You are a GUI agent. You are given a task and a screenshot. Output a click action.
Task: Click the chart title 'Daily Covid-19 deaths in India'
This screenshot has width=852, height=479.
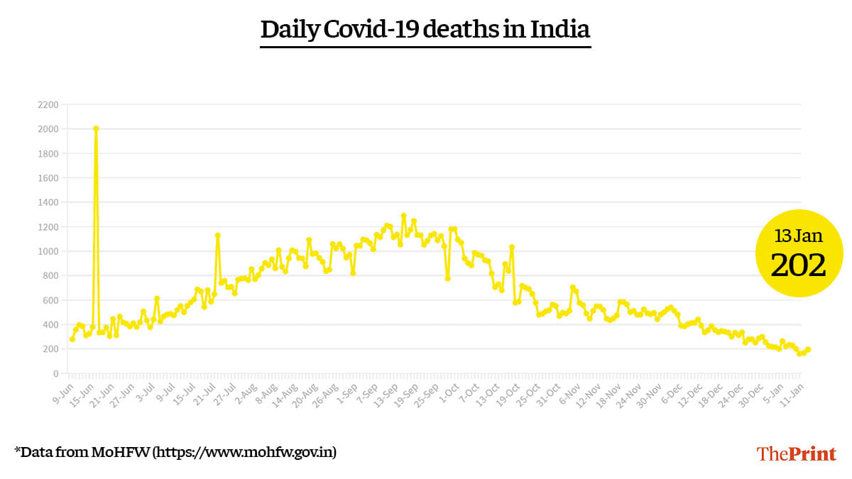coord(425,30)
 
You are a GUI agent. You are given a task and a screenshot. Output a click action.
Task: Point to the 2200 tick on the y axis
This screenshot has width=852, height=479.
coord(49,104)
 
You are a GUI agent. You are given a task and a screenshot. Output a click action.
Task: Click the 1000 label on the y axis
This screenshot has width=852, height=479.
coord(49,251)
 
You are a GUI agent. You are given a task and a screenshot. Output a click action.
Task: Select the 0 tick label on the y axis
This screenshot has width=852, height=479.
coord(55,373)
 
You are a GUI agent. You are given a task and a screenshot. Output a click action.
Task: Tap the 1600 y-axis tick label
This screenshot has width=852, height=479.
coord(49,177)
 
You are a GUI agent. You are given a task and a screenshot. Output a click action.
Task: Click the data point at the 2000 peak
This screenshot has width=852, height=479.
coord(96,128)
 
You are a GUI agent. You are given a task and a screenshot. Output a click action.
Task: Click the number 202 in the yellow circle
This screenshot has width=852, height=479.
coord(798,265)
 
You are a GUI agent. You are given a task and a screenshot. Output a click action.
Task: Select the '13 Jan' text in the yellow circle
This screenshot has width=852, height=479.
coord(798,236)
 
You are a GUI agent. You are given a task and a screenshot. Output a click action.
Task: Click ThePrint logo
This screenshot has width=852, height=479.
coord(796,453)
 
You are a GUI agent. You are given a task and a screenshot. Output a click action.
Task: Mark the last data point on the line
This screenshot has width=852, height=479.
coord(808,349)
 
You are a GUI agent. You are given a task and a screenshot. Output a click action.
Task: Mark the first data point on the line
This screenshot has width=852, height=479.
coord(72,339)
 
